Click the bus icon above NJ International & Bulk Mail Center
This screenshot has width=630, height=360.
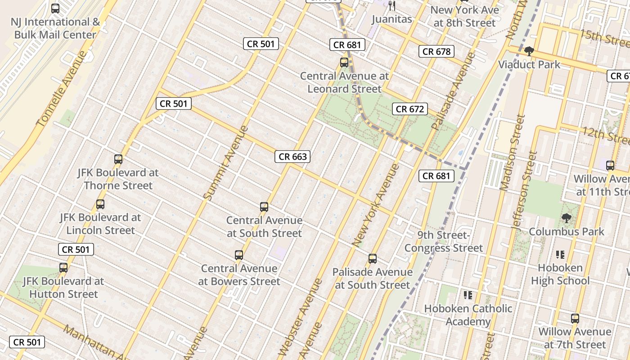click(55, 8)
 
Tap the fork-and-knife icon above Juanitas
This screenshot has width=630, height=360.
click(392, 5)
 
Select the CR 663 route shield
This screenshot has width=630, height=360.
click(292, 157)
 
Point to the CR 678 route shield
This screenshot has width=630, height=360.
click(436, 51)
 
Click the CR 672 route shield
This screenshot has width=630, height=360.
click(409, 109)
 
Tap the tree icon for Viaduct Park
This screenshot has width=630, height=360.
click(529, 51)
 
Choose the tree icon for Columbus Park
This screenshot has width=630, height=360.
click(566, 218)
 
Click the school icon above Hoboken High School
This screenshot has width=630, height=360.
click(560, 255)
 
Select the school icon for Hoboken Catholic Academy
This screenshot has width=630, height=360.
click(468, 295)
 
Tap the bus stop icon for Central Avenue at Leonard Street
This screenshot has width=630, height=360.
click(344, 63)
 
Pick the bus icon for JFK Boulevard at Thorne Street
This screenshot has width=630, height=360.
click(118, 159)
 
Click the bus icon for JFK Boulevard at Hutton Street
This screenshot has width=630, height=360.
click(63, 268)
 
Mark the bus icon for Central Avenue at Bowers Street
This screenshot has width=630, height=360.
click(239, 255)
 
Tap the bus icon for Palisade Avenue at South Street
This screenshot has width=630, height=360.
click(373, 259)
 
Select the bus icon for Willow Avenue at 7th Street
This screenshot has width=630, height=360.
click(575, 319)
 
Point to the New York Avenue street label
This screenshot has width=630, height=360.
click(376, 206)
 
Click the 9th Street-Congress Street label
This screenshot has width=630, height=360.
click(444, 242)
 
